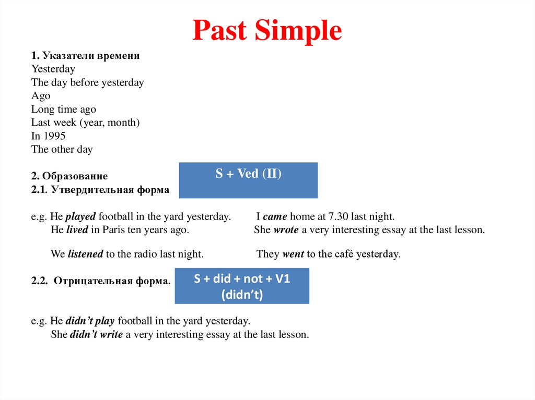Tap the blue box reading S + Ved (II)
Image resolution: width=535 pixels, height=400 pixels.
(248, 180)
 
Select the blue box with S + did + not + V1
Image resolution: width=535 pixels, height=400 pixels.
(242, 286)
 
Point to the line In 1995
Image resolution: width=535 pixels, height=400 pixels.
(48, 136)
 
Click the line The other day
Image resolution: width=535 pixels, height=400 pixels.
(62, 149)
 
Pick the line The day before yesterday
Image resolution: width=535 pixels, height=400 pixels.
(87, 82)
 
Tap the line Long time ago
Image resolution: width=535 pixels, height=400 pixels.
(64, 110)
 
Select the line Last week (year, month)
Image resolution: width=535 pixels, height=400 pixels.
(86, 123)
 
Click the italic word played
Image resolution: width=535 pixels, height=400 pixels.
(81, 216)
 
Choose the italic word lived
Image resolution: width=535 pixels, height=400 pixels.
(77, 229)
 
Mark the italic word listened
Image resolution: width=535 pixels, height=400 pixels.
(85, 254)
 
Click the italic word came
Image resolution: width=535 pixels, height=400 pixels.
(275, 216)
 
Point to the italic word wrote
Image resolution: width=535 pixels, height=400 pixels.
(286, 229)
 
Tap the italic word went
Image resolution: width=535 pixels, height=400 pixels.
(293, 254)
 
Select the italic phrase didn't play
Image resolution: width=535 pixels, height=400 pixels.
(90, 321)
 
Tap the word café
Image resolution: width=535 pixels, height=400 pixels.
(342, 254)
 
